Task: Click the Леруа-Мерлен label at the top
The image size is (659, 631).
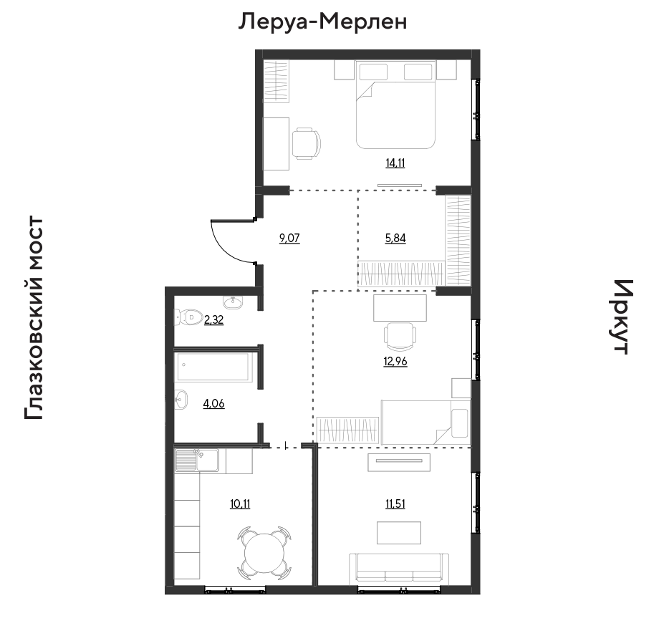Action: coord(322,22)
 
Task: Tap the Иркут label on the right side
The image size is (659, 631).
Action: coord(620,317)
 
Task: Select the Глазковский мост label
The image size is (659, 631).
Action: coord(34,318)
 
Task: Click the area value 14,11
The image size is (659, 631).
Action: coord(395,163)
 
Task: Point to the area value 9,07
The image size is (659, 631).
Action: coord(289,239)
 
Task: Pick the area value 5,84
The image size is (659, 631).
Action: coord(395,239)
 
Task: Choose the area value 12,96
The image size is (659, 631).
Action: coord(395,361)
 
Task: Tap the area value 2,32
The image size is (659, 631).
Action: coord(214,320)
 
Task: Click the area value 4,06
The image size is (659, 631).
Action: coord(214,404)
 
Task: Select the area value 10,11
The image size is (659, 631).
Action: coord(240,504)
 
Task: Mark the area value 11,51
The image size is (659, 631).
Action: coord(395,504)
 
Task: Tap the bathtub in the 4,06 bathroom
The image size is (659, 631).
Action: coord(214,367)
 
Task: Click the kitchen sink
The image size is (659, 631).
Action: coord(197,460)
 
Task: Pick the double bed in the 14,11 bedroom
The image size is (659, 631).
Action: coord(395,105)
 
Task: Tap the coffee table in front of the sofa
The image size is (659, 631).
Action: coord(399,533)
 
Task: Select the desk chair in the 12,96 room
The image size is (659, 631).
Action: coord(400,336)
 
